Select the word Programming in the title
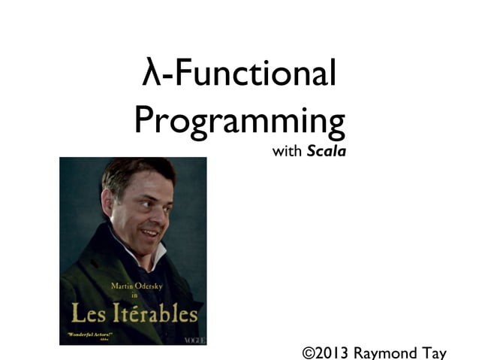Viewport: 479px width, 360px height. point(239,121)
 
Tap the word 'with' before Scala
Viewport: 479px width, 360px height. point(287,152)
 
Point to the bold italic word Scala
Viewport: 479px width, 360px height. point(326,152)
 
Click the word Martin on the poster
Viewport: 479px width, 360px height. point(122,286)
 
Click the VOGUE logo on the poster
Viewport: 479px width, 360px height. point(194,340)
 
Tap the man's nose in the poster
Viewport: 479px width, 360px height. point(157,215)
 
